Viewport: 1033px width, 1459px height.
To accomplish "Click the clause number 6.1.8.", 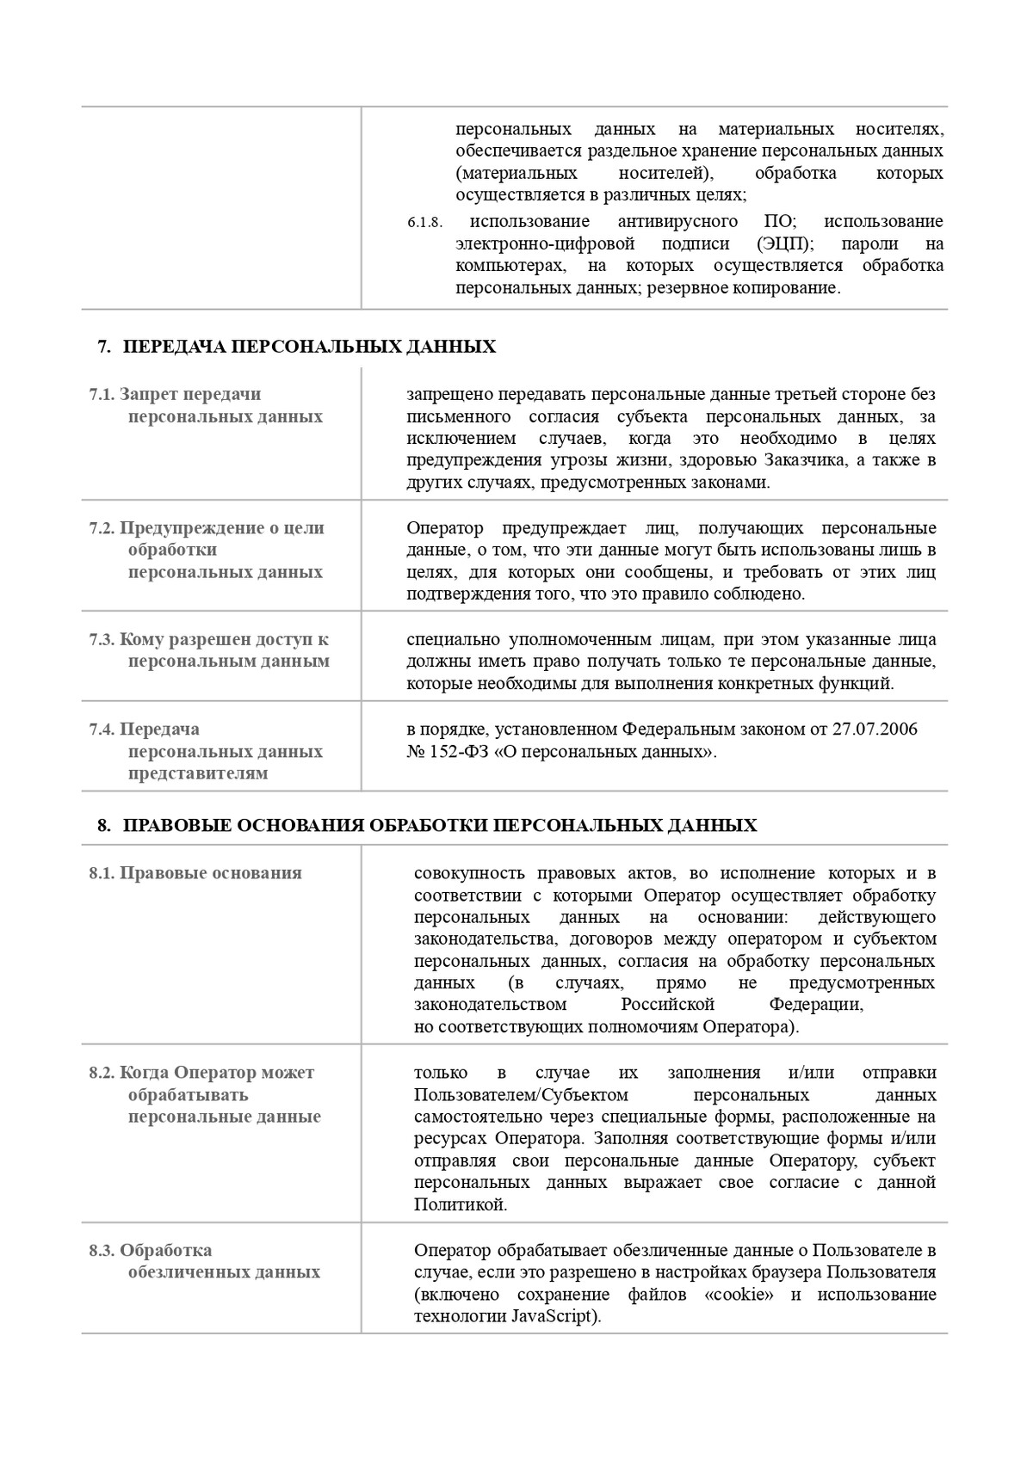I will (424, 223).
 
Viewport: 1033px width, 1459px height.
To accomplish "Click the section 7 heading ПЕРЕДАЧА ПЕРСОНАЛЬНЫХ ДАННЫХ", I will (309, 347).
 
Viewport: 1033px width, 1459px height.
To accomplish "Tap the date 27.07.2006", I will (875, 729).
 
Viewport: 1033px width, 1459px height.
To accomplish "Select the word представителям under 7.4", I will (198, 773).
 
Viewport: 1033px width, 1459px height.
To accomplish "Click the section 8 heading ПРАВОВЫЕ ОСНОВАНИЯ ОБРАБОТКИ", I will (440, 826).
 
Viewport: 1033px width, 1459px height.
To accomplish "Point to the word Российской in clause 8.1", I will (668, 1005).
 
